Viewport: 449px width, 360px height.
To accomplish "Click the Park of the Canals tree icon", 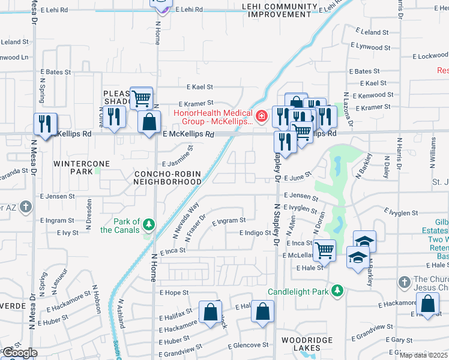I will click(x=148, y=225).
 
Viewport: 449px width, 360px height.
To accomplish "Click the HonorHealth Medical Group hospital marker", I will click(x=261, y=116).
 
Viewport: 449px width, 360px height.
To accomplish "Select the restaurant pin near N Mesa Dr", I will click(x=45, y=124).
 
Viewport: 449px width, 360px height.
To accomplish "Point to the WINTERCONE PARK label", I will click(x=73, y=167).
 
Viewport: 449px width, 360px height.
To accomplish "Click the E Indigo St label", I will click(x=255, y=233).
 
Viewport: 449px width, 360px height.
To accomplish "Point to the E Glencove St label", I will click(x=248, y=345).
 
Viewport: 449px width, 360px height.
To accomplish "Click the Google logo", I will click(x=19, y=353).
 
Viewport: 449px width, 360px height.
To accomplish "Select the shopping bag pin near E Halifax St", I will click(x=210, y=312).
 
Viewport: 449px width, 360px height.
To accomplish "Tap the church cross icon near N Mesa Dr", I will click(x=25, y=207).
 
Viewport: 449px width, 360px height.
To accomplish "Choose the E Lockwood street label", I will click(x=430, y=56).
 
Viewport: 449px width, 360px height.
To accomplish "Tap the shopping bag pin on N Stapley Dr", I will click(x=262, y=311).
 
